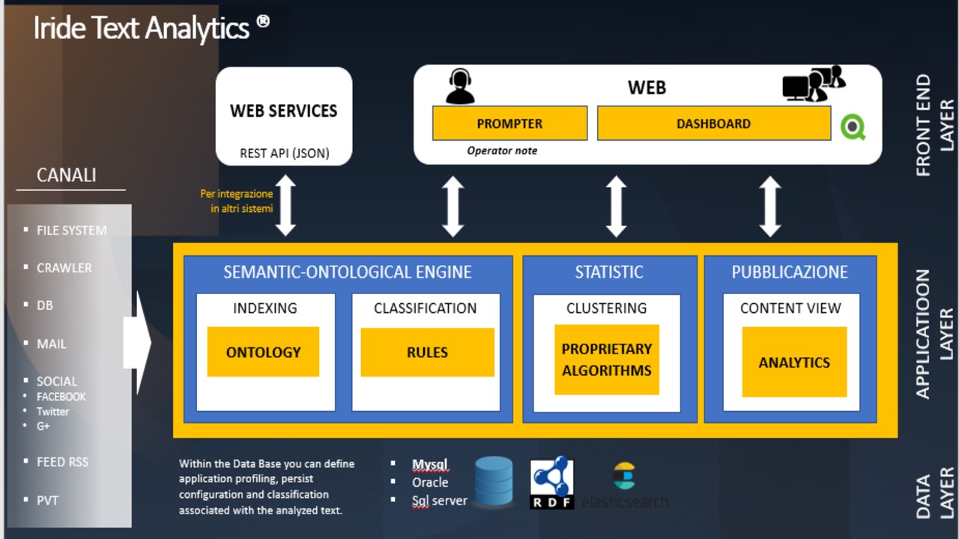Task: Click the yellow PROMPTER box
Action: click(509, 124)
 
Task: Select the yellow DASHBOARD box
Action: click(713, 124)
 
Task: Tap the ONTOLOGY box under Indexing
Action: click(263, 352)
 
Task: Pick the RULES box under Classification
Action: click(427, 352)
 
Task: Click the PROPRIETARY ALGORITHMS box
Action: click(607, 359)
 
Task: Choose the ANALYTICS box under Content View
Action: click(794, 362)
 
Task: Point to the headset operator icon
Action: click(459, 86)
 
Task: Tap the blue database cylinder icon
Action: click(494, 481)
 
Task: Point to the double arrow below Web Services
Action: click(286, 206)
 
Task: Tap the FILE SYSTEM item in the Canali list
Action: click(71, 231)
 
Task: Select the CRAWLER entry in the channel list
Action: click(64, 268)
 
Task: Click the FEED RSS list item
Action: click(62, 462)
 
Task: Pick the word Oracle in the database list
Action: click(430, 482)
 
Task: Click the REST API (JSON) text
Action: click(284, 153)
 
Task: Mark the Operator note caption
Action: click(502, 150)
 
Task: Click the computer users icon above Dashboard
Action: click(814, 83)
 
